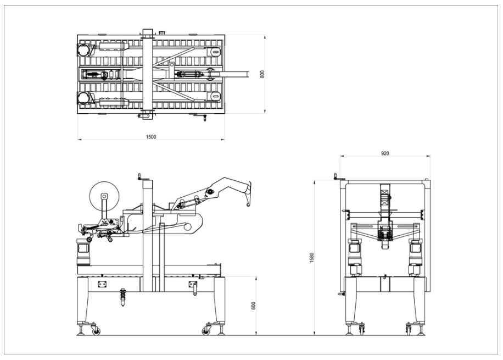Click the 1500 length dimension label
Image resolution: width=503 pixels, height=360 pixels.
click(x=150, y=136)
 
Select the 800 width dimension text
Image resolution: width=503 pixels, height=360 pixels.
click(x=262, y=74)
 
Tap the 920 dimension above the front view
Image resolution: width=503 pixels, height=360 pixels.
click(x=385, y=153)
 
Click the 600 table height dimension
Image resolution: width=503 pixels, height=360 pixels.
click(x=254, y=305)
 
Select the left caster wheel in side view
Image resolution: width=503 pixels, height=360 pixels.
click(x=96, y=330)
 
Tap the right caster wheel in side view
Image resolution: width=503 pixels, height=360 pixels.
click(x=207, y=330)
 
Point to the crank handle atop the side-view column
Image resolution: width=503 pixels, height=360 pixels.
click(x=140, y=176)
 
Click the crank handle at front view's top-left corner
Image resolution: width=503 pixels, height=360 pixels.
click(x=336, y=176)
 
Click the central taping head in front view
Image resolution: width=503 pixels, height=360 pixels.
click(x=385, y=234)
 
